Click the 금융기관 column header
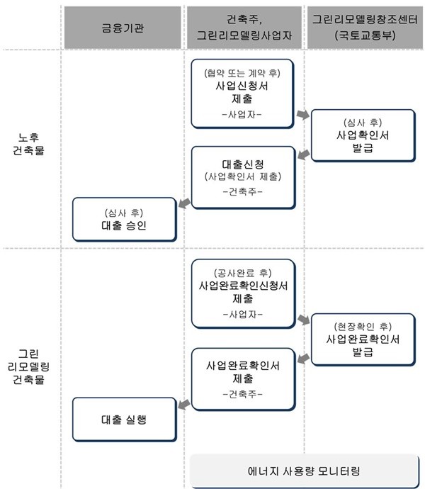pyautogui.click(x=123, y=28)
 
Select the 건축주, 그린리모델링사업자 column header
pyautogui.click(x=244, y=28)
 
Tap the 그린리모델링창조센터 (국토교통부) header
pyautogui.click(x=365, y=28)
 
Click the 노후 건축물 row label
pyautogui.click(x=28, y=144)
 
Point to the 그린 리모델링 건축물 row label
pyautogui.click(x=28, y=367)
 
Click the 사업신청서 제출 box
pyautogui.click(x=242, y=94)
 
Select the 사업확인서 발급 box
pyautogui.click(x=363, y=135)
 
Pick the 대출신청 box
pyautogui.click(x=243, y=177)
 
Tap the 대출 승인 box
pyautogui.click(x=125, y=219)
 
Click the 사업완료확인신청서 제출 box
pyautogui.click(x=243, y=294)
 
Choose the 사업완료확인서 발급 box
pyautogui.click(x=363, y=339)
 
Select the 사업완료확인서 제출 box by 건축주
pyautogui.click(x=243, y=379)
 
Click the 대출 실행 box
pyautogui.click(x=125, y=420)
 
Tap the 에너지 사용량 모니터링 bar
pyautogui.click(x=305, y=471)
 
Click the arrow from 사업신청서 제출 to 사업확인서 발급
pyautogui.click(x=302, y=114)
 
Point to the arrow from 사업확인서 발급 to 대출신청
pyautogui.click(x=303, y=154)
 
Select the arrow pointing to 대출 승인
pyautogui.click(x=184, y=203)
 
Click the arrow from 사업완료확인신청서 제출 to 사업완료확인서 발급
pyautogui.click(x=303, y=320)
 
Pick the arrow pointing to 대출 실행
pyautogui.click(x=184, y=405)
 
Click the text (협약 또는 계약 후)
pyautogui.click(x=242, y=73)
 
